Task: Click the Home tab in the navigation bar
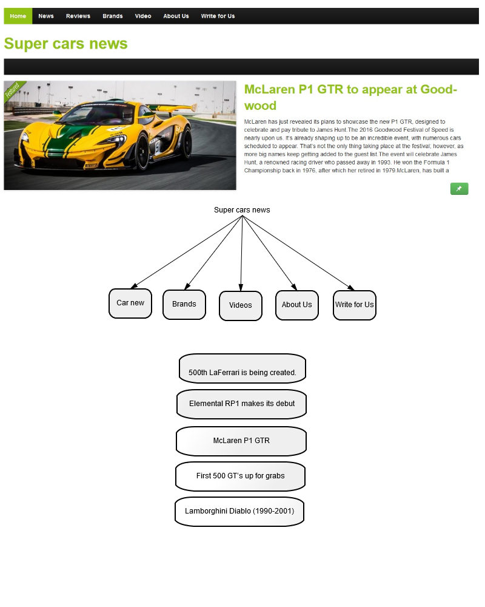tap(18, 16)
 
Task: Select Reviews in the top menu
tap(78, 16)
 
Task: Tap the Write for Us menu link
tap(218, 16)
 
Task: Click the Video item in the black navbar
tap(143, 16)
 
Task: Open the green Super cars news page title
tap(65, 44)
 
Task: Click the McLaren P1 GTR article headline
tap(350, 97)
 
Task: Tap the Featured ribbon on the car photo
tap(13, 90)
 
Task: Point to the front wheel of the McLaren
tap(142, 151)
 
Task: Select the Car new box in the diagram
tap(130, 303)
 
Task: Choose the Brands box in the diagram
tap(184, 305)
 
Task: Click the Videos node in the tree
tap(241, 306)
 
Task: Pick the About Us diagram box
tap(297, 305)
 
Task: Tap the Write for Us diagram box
tap(355, 305)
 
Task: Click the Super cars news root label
tap(242, 210)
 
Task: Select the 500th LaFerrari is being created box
tap(242, 368)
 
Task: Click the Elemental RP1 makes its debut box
tap(242, 404)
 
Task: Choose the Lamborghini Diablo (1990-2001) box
tap(239, 512)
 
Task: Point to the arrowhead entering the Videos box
tap(241, 288)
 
